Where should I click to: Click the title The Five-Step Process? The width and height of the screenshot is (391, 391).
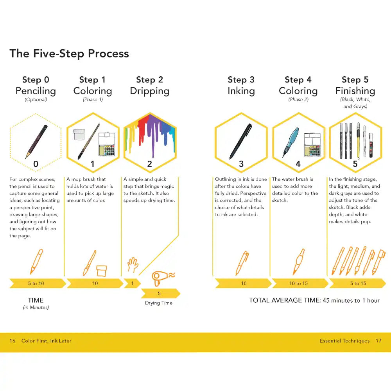69,54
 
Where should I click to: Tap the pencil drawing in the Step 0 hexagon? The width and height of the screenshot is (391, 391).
36,142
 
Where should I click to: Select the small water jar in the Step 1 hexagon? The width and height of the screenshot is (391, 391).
79,135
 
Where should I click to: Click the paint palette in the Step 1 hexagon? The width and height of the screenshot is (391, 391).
107,144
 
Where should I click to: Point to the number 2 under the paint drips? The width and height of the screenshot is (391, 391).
149,164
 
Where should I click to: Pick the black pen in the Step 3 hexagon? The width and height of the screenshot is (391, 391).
240,142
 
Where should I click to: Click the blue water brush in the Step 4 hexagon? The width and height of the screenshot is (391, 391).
291,142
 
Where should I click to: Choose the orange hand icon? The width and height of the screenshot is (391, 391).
133,265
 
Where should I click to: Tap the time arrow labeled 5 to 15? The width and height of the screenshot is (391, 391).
358,283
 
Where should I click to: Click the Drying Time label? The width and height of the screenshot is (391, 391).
159,303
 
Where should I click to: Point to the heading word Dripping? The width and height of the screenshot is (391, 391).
150,91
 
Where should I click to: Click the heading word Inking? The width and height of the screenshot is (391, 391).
241,91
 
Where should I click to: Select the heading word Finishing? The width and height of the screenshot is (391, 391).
355,91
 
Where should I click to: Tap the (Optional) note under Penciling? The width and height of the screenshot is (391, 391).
36,99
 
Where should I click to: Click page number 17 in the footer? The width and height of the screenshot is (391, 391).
378,341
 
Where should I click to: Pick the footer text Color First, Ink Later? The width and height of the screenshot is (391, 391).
47,341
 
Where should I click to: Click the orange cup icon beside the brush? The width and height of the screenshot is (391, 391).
102,271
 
